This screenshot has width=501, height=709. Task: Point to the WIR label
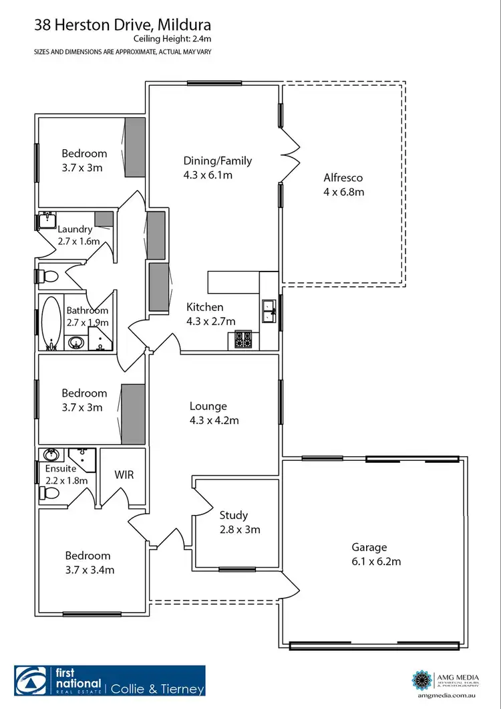point(124,475)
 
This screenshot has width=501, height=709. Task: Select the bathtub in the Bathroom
point(49,323)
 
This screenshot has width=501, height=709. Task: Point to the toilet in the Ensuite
point(49,493)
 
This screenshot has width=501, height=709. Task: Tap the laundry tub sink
point(46,220)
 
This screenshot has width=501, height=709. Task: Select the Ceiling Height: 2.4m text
point(172,39)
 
